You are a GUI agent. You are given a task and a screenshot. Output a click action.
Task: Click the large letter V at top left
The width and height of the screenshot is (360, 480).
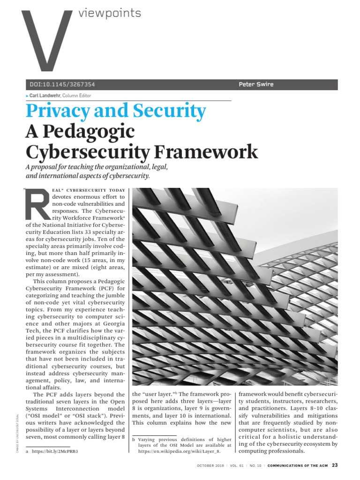(47, 40)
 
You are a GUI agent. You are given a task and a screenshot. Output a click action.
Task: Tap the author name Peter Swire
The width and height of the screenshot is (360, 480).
(255, 85)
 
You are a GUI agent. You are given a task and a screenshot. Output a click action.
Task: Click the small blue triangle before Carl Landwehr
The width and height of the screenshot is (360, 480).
(27, 96)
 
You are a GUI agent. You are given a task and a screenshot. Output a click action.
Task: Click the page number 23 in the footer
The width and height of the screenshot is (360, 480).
(334, 465)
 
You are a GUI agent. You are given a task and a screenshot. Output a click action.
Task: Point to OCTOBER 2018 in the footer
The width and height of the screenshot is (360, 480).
(211, 465)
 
